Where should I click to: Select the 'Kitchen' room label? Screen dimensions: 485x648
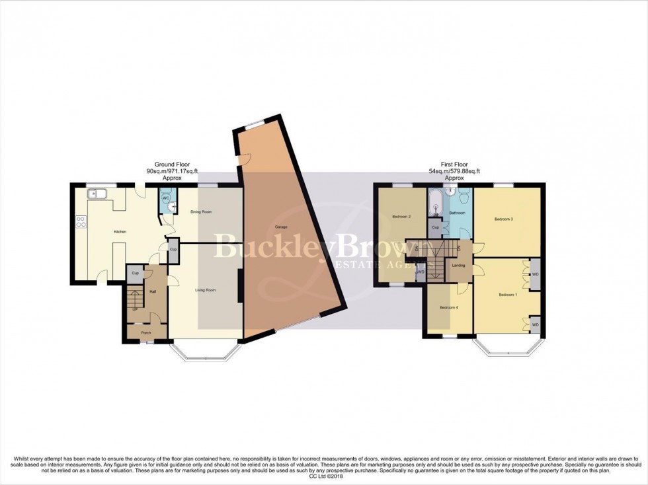[x=119, y=231]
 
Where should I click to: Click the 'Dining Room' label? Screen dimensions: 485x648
[x=201, y=212]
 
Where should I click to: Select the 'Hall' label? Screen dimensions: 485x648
[x=152, y=291]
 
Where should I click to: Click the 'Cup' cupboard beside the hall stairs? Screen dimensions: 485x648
[x=134, y=273]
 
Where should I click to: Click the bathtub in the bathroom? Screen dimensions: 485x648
[x=436, y=205]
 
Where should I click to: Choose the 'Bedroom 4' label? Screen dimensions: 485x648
[x=450, y=307]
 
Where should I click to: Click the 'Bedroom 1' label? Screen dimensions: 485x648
[x=508, y=295]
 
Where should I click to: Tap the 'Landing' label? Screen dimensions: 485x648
[x=458, y=266]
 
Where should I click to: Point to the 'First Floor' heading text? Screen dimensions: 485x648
[x=454, y=164]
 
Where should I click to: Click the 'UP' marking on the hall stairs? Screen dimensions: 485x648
[x=136, y=309]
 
